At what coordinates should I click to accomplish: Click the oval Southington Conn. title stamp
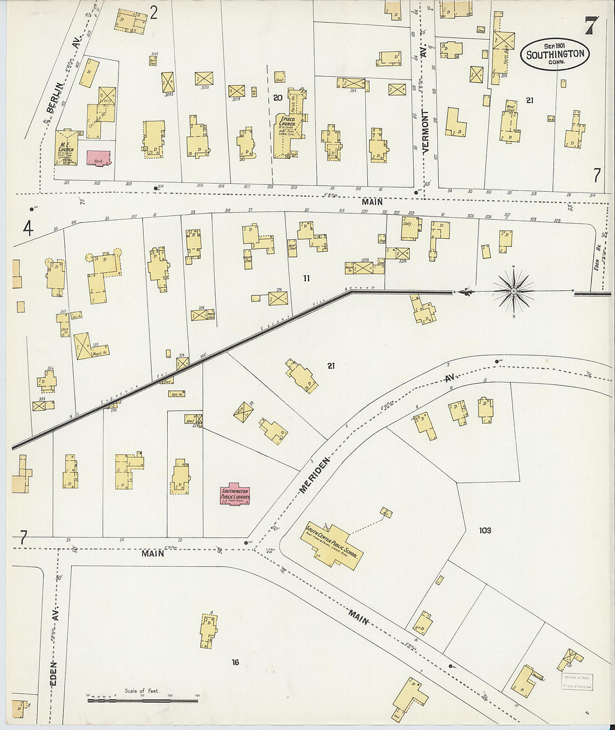555,54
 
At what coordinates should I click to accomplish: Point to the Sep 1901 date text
555,45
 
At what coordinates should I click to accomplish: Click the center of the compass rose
513,291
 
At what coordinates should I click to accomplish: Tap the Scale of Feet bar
142,700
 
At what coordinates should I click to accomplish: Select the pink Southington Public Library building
235,494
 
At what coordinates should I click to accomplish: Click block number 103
484,530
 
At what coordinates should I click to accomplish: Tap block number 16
235,662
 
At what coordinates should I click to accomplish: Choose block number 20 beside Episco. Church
277,98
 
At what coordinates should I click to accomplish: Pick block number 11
306,278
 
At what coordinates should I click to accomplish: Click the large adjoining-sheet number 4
28,228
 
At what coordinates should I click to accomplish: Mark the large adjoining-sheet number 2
153,12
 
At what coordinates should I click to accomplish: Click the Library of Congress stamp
577,682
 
